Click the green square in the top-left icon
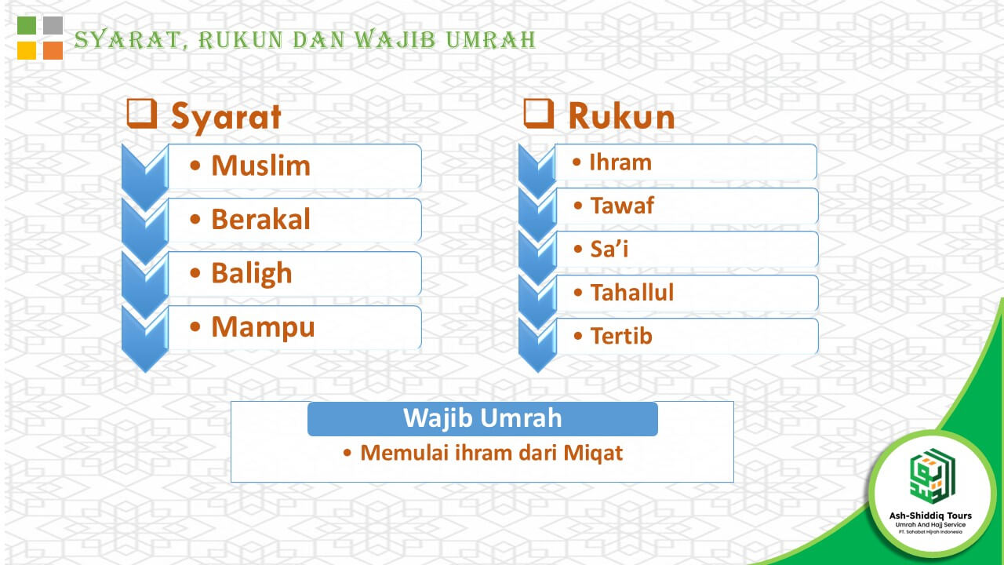pyautogui.click(x=27, y=25)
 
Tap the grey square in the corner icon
pyautogui.click(x=53, y=25)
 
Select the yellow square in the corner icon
pyautogui.click(x=27, y=51)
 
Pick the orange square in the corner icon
pyautogui.click(x=53, y=51)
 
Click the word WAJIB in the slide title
pyautogui.click(x=395, y=39)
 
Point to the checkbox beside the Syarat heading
pyautogui.click(x=142, y=114)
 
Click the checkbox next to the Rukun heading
pyautogui.click(x=539, y=114)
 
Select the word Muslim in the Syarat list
pyautogui.click(x=261, y=166)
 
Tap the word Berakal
pyautogui.click(x=261, y=219)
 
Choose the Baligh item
pyautogui.click(x=252, y=274)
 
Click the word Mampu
pyautogui.click(x=263, y=327)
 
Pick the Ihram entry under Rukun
pyautogui.click(x=620, y=162)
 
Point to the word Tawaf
pyautogui.click(x=622, y=206)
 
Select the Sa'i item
pyautogui.click(x=609, y=249)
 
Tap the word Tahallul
pyautogui.click(x=632, y=293)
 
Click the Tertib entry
pyautogui.click(x=621, y=336)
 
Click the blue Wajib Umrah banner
pyautogui.click(x=482, y=419)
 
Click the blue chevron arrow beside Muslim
pyautogui.click(x=145, y=177)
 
